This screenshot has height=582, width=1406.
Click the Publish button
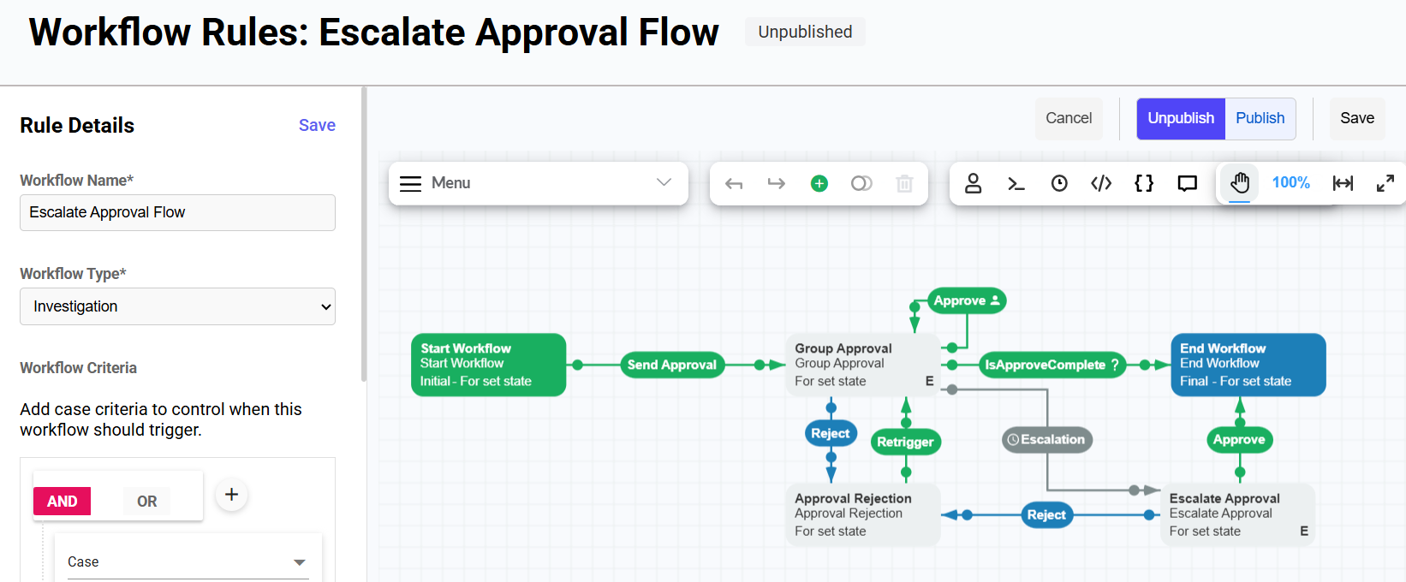[x=1260, y=118]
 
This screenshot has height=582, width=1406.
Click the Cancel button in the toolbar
[x=1069, y=118]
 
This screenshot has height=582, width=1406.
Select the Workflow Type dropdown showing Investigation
[x=177, y=306]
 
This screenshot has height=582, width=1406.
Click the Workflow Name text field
[x=177, y=212]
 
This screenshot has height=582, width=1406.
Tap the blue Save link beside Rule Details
[x=317, y=125]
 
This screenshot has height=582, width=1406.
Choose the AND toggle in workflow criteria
[x=63, y=502]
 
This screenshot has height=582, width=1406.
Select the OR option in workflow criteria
[x=146, y=502]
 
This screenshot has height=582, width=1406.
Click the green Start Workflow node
[x=488, y=365]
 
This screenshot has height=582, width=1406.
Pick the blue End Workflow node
[x=1248, y=365]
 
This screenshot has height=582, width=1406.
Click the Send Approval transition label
[x=671, y=365]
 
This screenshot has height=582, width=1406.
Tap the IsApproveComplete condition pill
[x=1052, y=365]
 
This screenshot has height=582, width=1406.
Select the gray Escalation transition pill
[x=1047, y=440]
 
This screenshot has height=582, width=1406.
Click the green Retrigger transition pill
[x=905, y=442]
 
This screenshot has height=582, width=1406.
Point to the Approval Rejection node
[x=862, y=514]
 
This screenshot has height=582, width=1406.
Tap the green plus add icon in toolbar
[x=819, y=183]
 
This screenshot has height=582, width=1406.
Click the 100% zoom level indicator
[x=1290, y=183]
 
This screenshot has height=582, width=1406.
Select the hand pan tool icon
[x=1239, y=183]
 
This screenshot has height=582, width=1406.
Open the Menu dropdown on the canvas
[x=538, y=183]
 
